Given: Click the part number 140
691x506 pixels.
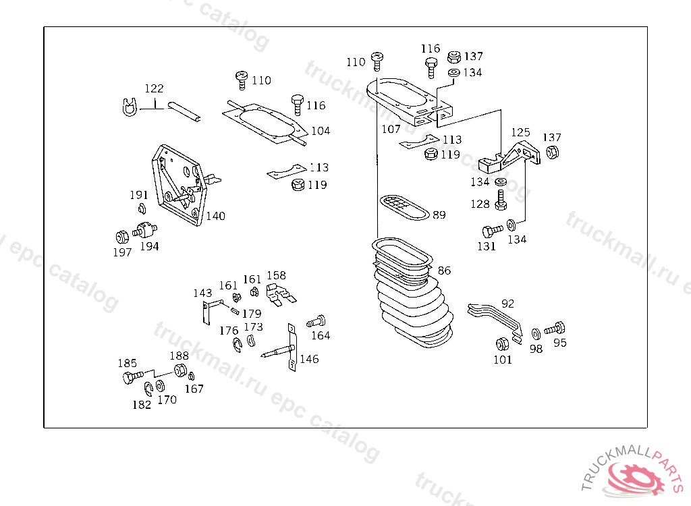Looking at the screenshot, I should point(216,217).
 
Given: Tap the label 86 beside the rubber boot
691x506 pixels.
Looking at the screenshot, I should point(444,271).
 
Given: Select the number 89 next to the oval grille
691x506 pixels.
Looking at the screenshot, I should point(439,215).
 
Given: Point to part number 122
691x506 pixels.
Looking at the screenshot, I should point(154,88).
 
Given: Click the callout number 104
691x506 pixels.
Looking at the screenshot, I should point(321,131).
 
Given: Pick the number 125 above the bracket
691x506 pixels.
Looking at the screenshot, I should point(520,132).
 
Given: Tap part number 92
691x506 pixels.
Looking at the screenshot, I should point(508,303).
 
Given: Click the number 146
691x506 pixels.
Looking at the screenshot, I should point(309,359).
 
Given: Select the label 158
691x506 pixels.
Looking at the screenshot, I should point(276,275).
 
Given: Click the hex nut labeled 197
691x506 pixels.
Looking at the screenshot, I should point(121,236).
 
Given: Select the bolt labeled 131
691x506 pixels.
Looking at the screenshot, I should point(491,230).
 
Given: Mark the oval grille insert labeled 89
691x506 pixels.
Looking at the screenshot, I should point(404,206).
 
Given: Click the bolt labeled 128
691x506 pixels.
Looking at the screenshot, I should point(501,199).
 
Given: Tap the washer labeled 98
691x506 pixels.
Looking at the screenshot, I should point(536,333).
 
